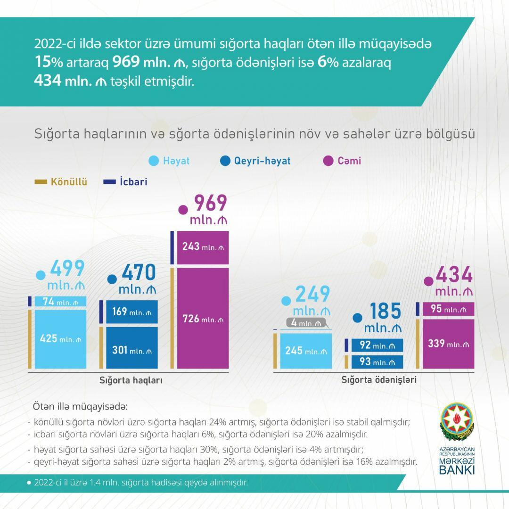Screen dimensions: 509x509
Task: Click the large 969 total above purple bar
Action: [x=207, y=203]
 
